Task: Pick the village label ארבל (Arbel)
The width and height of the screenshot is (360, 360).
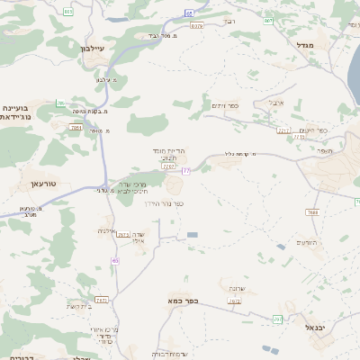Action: tap(275, 103)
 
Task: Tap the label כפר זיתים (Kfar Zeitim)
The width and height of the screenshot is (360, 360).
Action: tap(228, 105)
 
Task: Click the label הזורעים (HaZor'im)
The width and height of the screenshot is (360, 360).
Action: tap(306, 243)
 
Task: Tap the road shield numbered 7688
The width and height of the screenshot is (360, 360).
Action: tap(312, 211)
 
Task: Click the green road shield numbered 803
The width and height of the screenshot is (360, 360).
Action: tap(69, 11)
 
